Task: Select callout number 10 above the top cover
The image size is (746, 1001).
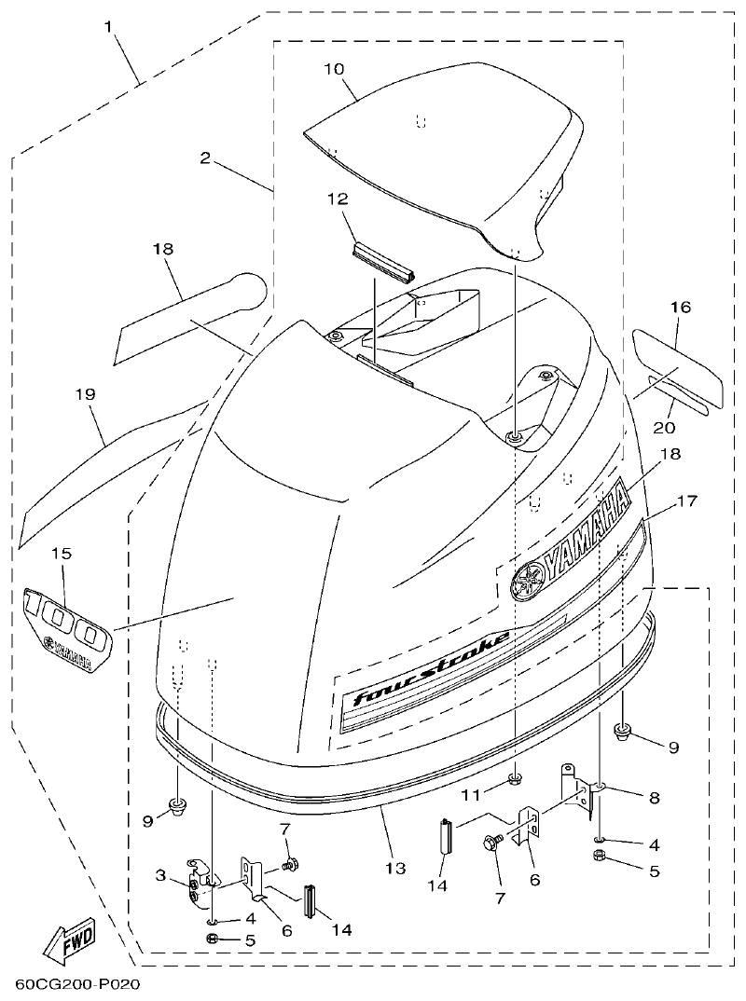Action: coord(335,69)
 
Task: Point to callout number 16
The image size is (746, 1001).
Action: coord(680,306)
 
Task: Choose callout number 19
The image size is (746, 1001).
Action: coord(85,394)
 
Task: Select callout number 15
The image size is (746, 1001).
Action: coord(61,553)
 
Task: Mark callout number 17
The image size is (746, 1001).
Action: coord(687,501)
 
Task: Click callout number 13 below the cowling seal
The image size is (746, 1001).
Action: coord(395,868)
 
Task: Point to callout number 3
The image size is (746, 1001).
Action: coord(160,875)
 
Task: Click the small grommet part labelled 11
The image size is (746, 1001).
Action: coord(514,778)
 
